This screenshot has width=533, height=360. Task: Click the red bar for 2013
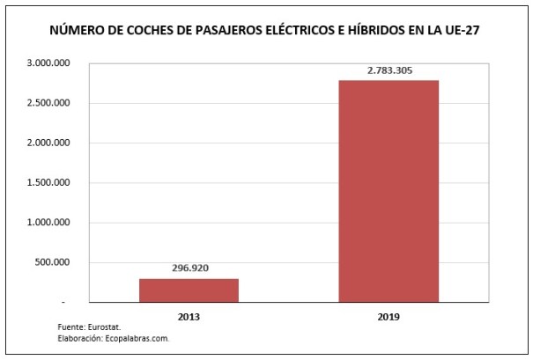[189, 290]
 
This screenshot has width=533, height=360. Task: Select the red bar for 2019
[389, 191]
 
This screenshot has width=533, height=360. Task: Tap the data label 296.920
[189, 268]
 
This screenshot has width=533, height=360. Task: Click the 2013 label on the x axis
[189, 314]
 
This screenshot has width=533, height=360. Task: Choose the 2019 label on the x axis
[389, 314]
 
